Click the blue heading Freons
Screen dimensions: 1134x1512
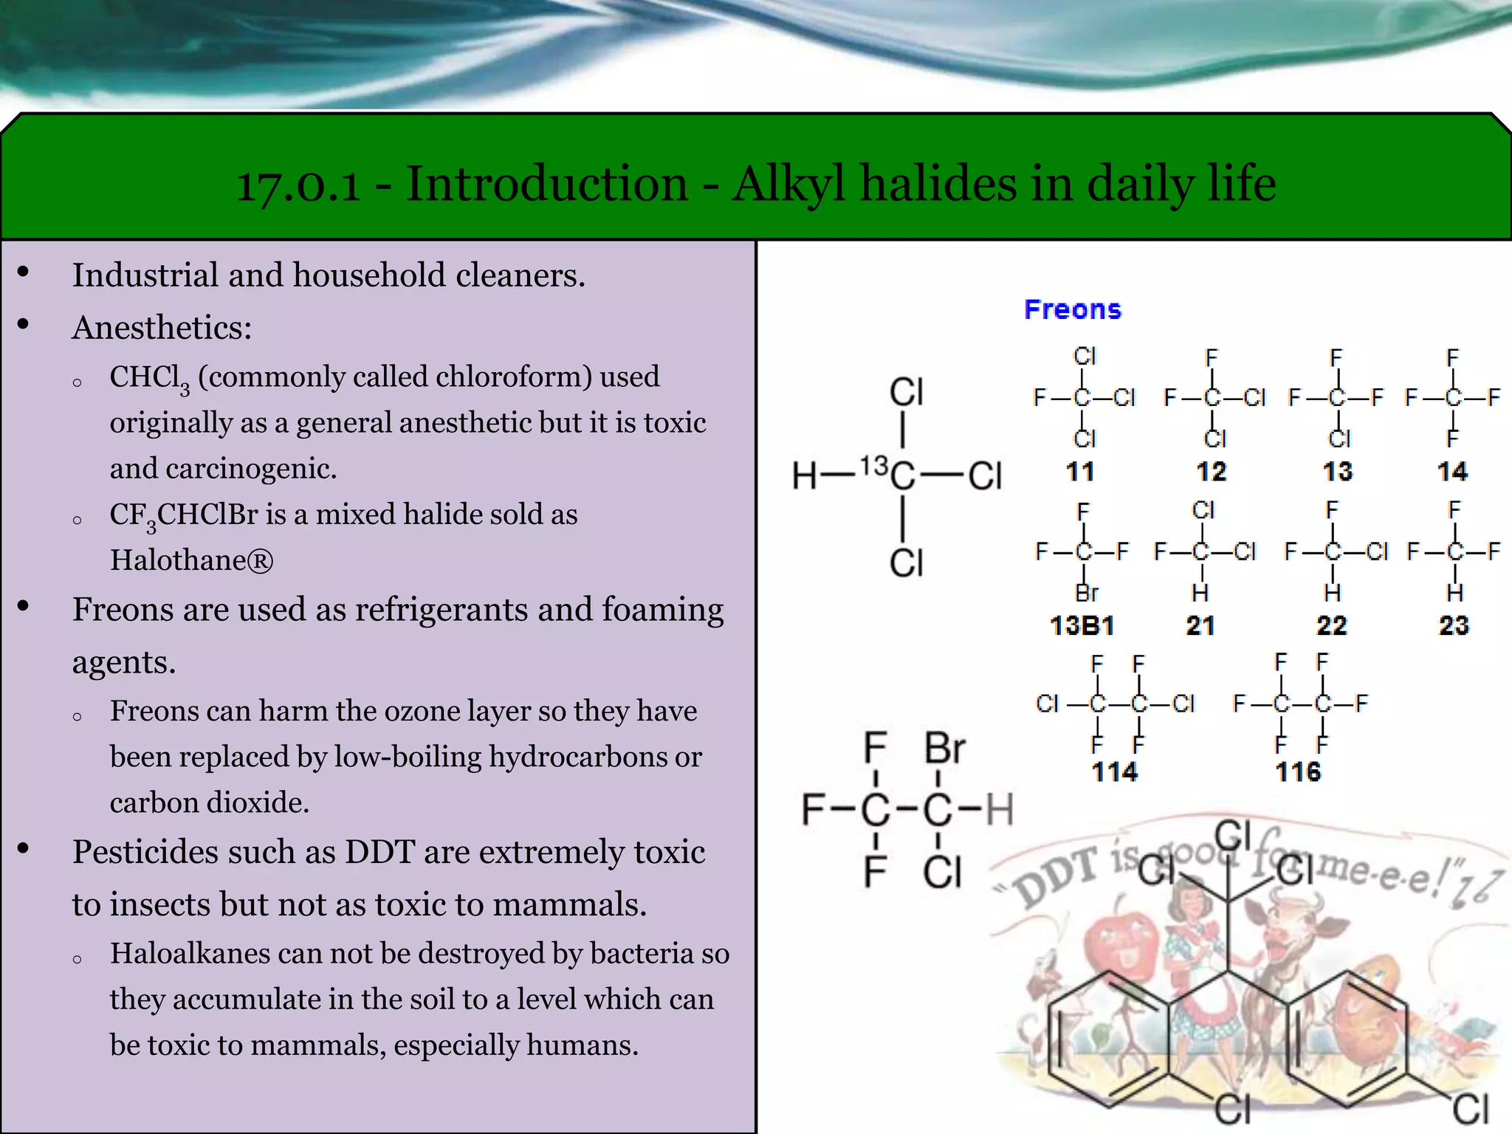[x=1072, y=309]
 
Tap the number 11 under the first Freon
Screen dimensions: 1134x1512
[x=1079, y=471]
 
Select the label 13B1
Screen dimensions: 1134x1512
[x=1082, y=625]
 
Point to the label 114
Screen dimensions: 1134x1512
[x=1114, y=772]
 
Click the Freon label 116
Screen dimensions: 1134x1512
[x=1297, y=772]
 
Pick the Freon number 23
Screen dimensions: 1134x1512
[x=1453, y=625]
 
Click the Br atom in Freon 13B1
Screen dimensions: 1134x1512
[x=1086, y=593]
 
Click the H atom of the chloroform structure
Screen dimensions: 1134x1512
[x=804, y=475]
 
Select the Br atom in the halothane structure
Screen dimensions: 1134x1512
[x=944, y=749]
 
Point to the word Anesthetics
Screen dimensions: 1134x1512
[x=162, y=327]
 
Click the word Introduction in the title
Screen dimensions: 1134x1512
[x=547, y=183]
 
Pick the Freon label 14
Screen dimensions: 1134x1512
[x=1451, y=471]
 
